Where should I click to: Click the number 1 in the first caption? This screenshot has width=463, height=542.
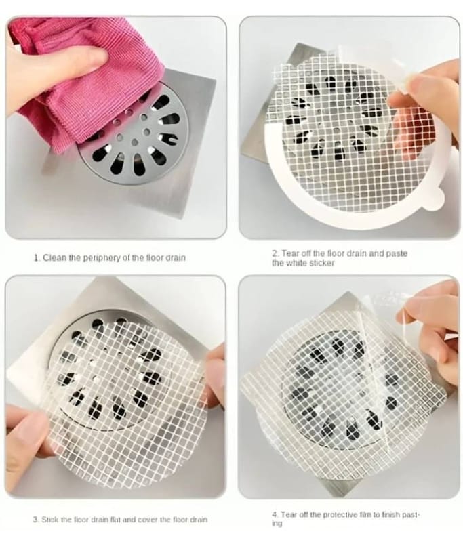point(37,258)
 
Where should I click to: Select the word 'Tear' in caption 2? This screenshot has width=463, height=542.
point(290,253)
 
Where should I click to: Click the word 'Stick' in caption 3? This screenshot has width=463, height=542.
point(49,520)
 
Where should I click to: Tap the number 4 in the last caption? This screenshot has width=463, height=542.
point(274,515)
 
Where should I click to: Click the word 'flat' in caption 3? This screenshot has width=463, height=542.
point(114,520)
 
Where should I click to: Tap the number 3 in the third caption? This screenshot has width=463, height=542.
point(36,520)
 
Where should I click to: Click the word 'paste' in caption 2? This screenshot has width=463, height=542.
point(397,253)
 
